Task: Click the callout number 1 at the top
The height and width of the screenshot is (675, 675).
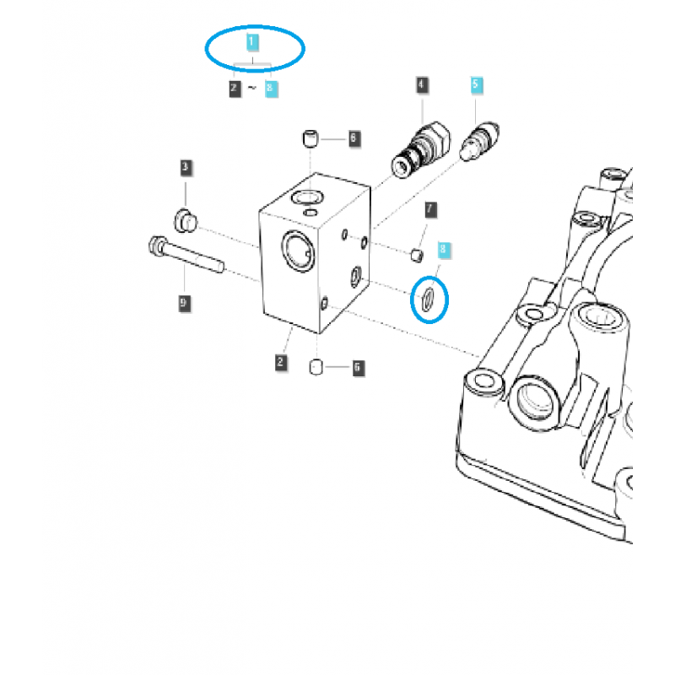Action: [253, 40]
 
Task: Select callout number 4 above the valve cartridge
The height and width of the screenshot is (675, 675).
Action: [421, 84]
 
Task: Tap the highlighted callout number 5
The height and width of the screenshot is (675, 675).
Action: [476, 84]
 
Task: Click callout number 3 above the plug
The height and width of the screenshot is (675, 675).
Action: [185, 168]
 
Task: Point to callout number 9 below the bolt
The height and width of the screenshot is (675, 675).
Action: [184, 301]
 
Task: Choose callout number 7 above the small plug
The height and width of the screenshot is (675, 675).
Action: [429, 208]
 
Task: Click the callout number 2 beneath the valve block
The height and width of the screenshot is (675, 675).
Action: [280, 363]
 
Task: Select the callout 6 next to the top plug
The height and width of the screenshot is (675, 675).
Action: [354, 137]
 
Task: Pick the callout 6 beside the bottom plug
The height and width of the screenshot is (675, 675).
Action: [357, 367]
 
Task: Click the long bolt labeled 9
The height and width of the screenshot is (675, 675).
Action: [186, 254]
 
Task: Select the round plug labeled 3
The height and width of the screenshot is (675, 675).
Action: [185, 222]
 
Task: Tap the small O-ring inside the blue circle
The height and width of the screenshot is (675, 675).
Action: [429, 299]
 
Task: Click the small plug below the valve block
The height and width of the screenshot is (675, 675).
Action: [318, 366]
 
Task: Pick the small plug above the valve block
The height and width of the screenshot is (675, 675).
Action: [311, 137]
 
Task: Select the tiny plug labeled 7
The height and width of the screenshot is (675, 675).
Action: [415, 253]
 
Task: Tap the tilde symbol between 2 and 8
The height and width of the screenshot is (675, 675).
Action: [253, 87]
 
